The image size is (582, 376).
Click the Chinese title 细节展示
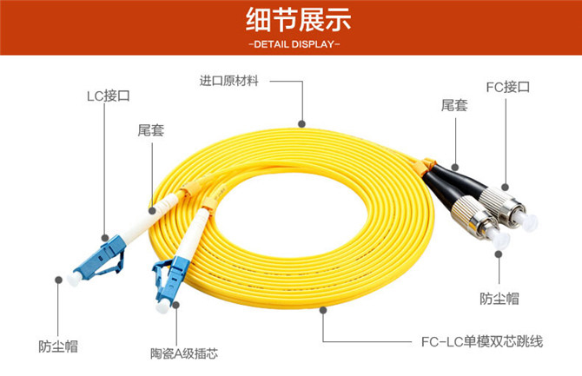click(298, 20)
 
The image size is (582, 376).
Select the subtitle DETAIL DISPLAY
click(294, 44)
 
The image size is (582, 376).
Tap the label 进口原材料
click(228, 81)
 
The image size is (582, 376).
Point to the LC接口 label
click(109, 96)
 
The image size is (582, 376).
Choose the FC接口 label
click(508, 87)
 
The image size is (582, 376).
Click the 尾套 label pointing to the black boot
click(454, 105)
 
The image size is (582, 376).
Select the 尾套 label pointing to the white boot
click(150, 130)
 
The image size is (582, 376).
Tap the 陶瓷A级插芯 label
click(184, 353)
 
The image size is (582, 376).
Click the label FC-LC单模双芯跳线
click(482, 341)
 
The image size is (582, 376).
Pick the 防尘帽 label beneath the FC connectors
click(499, 299)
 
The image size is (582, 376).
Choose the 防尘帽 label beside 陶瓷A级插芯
click(58, 346)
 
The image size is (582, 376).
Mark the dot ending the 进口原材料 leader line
click(301, 124)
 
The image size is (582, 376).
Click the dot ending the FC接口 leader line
click(506, 187)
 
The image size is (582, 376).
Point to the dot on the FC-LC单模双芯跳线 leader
click(323, 310)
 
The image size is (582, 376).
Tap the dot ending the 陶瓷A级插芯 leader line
click(176, 305)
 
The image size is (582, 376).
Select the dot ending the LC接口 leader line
click(105, 238)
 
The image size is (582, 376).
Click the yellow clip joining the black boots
click(428, 165)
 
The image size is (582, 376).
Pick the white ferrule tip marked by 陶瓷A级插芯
click(162, 307)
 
